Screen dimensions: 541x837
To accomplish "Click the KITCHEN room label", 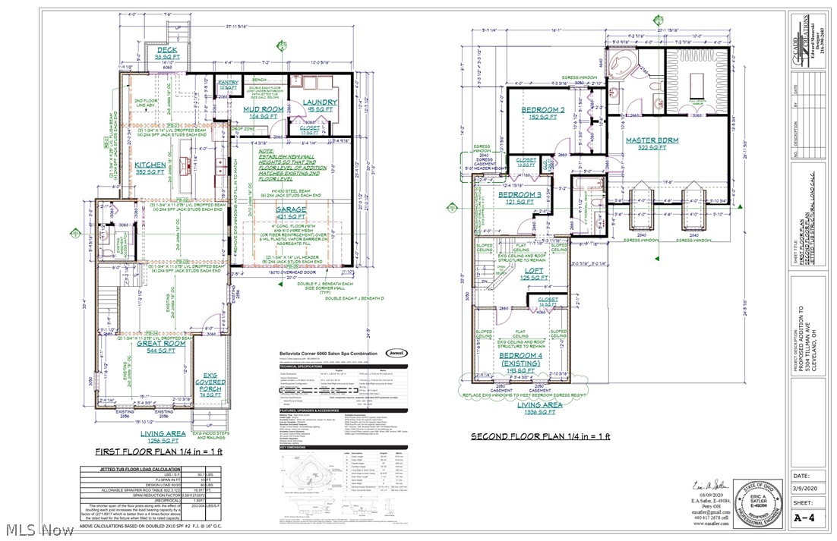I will (150, 165).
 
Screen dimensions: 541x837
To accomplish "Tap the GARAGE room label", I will (292, 209).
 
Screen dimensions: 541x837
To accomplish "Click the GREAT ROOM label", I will (162, 343).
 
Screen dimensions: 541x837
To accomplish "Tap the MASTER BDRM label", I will (646, 140).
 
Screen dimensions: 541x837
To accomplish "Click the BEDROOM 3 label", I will (520, 195).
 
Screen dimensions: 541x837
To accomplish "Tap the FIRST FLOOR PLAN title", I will (156, 451).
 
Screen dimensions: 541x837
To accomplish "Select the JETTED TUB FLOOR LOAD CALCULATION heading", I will (134, 470).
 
